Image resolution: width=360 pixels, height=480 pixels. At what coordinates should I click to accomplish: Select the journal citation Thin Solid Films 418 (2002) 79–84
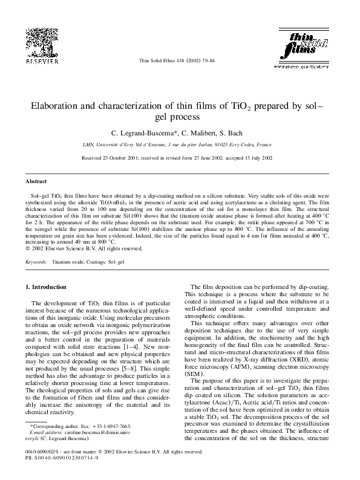point(180,61)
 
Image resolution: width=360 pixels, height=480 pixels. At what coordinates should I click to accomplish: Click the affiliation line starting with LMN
point(180,145)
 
